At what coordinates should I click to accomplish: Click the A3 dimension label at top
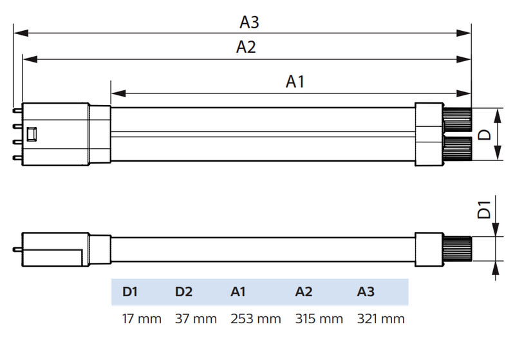[249, 22]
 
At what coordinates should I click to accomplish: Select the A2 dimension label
[246, 47]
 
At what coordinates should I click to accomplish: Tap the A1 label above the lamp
[295, 81]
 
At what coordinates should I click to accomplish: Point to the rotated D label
[487, 135]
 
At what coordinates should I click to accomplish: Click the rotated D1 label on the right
[486, 211]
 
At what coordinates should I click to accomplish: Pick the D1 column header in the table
[130, 292]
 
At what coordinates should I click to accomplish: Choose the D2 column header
[183, 292]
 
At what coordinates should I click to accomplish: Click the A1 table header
[238, 292]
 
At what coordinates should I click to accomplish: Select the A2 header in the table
[304, 292]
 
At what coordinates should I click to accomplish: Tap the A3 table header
[366, 292]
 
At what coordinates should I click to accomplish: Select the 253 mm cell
[256, 319]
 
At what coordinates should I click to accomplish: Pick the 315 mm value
[319, 319]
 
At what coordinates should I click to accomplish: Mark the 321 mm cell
[381, 319]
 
